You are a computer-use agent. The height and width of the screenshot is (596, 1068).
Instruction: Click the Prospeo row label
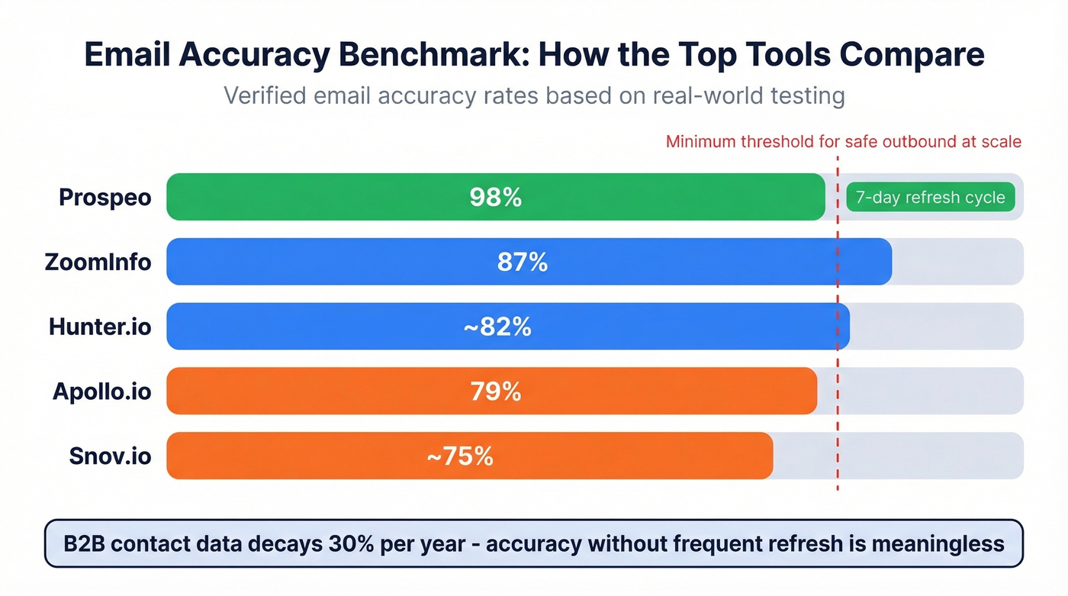point(105,198)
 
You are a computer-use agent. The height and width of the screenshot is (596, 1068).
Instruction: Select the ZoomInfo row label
point(98,263)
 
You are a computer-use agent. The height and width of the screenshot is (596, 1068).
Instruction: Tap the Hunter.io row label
point(100,327)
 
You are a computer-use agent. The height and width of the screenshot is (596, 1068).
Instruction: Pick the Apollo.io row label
point(101,391)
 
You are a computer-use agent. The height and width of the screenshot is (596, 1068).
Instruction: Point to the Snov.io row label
point(110,456)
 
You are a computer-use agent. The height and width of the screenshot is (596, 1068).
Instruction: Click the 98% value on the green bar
point(495,198)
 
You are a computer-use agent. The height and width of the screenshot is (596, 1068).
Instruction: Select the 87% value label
point(522,263)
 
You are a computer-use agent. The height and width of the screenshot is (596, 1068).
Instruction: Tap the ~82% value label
point(497,327)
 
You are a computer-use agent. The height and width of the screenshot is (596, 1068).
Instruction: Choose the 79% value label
point(495,391)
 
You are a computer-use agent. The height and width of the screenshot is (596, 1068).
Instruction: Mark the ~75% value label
point(459,456)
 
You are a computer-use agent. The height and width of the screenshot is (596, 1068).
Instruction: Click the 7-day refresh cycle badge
point(930,198)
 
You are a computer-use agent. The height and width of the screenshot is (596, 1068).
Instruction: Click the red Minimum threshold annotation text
point(843,142)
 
